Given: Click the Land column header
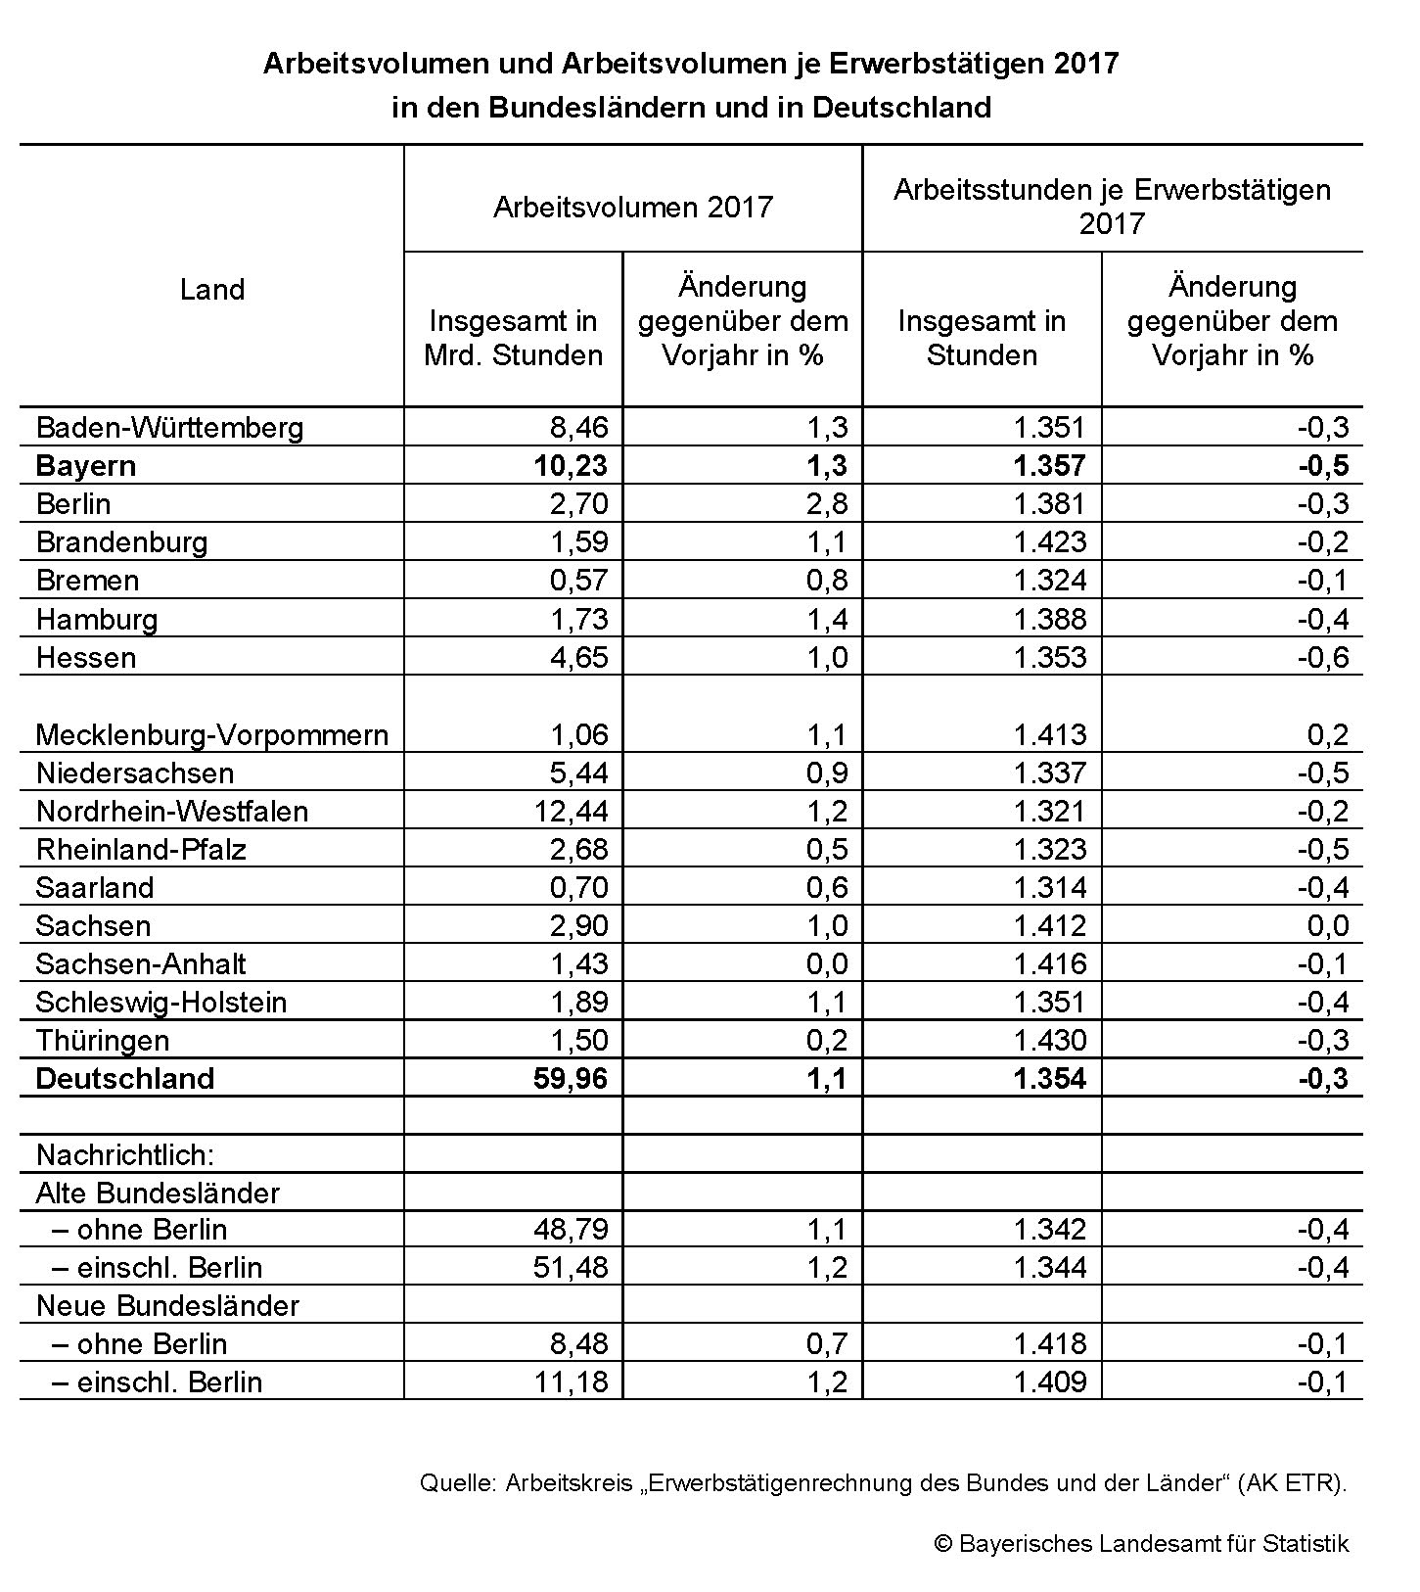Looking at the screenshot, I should (211, 290).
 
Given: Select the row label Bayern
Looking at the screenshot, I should (85, 465).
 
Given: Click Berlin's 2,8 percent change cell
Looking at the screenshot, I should (827, 503).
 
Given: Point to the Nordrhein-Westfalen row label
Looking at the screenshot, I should (171, 811).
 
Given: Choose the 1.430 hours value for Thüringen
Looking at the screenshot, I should (1049, 1040).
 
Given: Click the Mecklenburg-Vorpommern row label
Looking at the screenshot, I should (211, 734).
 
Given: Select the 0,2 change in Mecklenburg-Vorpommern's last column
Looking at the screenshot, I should (1327, 734).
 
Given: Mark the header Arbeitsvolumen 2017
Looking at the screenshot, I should (633, 207).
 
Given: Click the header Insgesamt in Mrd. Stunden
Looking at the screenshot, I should (513, 338).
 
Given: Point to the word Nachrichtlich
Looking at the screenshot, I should (124, 1154).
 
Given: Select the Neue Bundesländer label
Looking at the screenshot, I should (167, 1305).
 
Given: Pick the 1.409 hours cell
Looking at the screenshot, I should (1049, 1381).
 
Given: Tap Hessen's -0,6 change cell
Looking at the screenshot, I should (1322, 657).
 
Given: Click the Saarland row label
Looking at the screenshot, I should (95, 887).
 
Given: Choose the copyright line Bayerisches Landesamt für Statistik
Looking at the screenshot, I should (1141, 1544).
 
